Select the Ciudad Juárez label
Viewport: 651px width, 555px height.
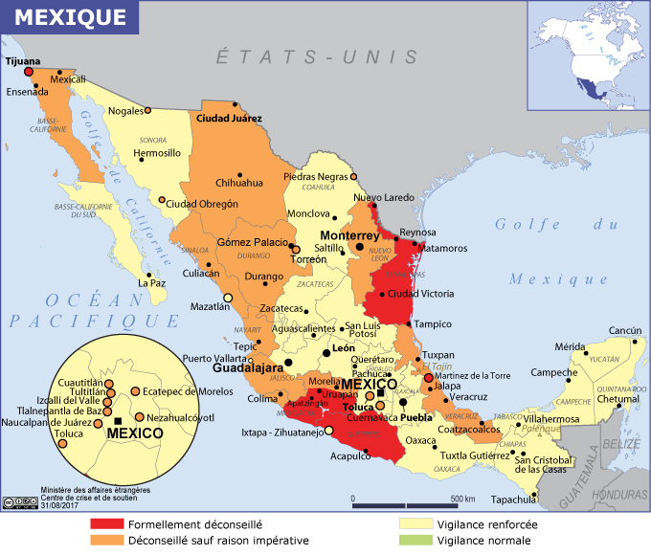pyautogui.click(x=228, y=120)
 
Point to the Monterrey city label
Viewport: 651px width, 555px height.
pyautogui.click(x=349, y=235)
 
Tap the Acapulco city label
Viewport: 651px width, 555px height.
pyautogui.click(x=349, y=456)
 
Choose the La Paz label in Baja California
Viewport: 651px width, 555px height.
pyautogui.click(x=152, y=283)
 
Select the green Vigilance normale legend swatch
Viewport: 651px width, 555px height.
pyautogui.click(x=416, y=541)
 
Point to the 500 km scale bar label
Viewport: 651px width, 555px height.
pyautogui.click(x=463, y=500)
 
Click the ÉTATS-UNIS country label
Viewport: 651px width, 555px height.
pyautogui.click(x=317, y=56)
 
